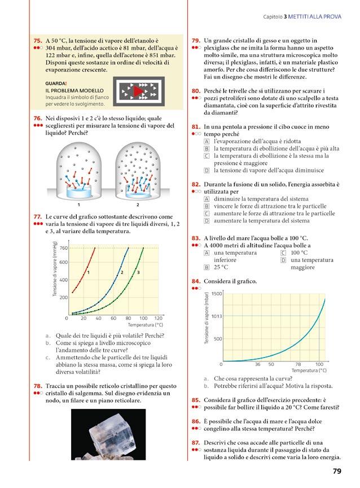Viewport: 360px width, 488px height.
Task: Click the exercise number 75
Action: click(38, 41)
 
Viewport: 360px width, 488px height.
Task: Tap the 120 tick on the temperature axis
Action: click(159, 318)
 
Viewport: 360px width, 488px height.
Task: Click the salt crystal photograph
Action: click(108, 438)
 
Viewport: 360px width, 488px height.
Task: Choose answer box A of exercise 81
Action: click(207, 141)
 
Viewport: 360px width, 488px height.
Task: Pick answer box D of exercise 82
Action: click(207, 221)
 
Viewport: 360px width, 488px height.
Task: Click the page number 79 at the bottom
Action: click(336, 471)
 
